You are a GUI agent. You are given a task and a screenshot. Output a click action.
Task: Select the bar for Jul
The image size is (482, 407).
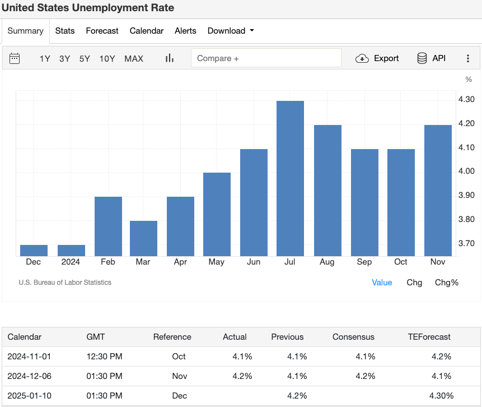click(291, 178)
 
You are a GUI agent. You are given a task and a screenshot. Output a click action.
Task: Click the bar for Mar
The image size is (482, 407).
click(143, 238)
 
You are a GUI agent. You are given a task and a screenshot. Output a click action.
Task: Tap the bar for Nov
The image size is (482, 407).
click(438, 191)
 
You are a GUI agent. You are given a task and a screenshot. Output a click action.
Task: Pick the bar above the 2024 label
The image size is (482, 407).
click(71, 251)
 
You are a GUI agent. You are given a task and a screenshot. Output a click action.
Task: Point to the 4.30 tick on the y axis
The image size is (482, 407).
click(466, 99)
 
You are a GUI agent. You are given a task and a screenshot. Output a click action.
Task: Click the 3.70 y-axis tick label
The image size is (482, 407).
click(466, 243)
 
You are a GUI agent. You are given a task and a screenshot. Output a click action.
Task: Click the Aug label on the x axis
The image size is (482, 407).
click(327, 262)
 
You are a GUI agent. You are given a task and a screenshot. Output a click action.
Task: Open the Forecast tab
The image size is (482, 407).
click(102, 31)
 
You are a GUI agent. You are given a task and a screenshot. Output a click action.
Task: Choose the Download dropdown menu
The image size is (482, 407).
click(230, 31)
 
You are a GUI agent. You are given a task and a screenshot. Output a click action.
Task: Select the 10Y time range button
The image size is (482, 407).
click(107, 58)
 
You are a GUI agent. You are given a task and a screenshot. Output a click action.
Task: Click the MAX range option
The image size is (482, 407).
click(134, 58)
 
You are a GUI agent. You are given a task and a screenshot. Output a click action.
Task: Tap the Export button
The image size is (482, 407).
click(377, 58)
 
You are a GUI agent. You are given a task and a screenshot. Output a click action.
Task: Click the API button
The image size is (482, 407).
click(432, 58)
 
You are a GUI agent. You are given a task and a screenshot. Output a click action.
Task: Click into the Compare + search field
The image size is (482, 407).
click(266, 58)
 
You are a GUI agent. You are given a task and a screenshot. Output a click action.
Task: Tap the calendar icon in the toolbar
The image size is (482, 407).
click(15, 58)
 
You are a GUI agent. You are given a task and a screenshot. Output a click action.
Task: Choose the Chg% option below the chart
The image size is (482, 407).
click(446, 283)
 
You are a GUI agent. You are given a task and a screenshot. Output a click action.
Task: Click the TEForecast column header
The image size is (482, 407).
click(429, 337)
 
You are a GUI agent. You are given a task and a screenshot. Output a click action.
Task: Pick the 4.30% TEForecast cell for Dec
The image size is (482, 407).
click(441, 396)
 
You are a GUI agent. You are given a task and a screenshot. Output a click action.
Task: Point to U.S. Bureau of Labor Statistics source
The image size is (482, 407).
click(65, 283)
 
